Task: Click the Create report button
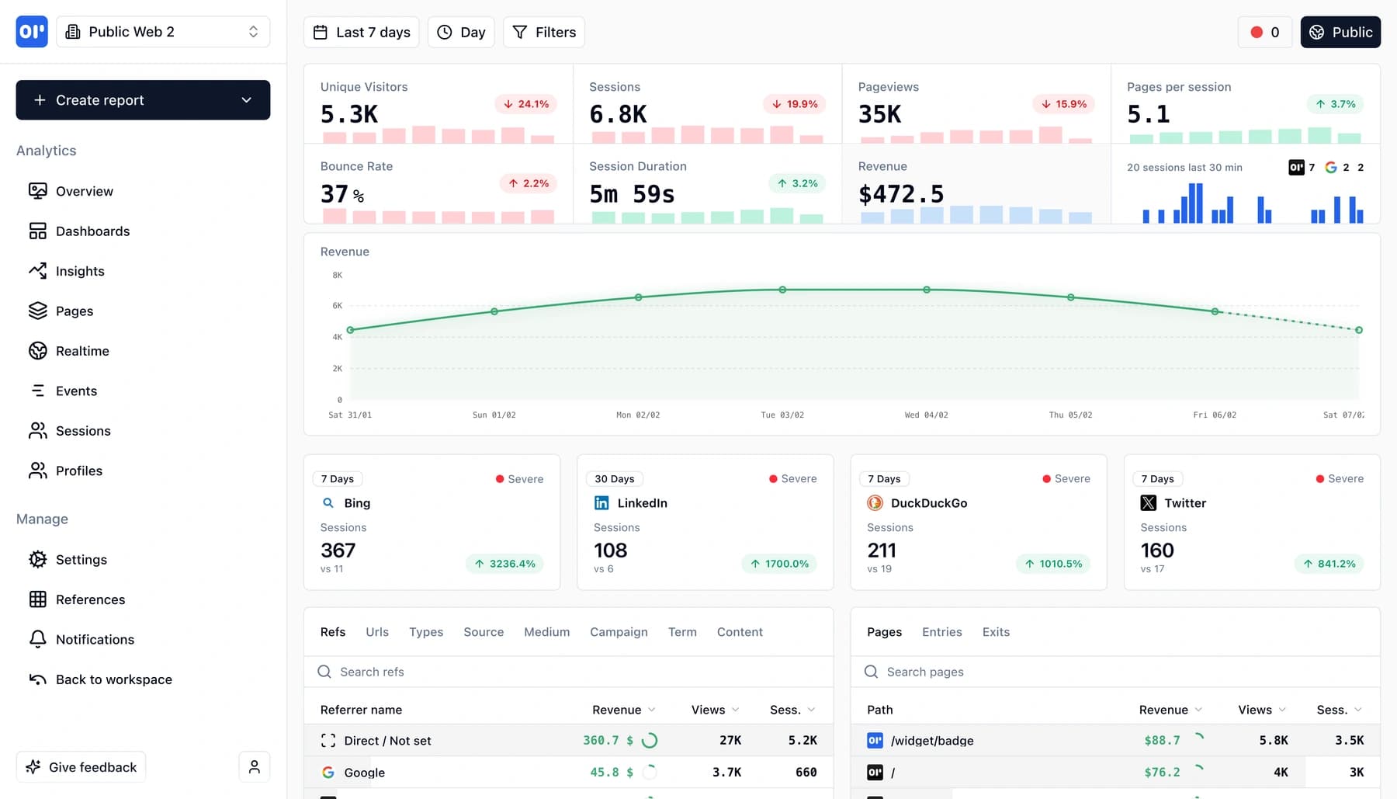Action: pyautogui.click(x=143, y=100)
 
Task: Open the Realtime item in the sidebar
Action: pyautogui.click(x=81, y=351)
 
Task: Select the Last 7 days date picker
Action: pyautogui.click(x=362, y=33)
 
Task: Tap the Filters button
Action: pyautogui.click(x=544, y=33)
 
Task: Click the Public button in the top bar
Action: pyautogui.click(x=1340, y=33)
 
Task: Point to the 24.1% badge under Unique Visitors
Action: pyautogui.click(x=525, y=104)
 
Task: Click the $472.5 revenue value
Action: pyautogui.click(x=900, y=194)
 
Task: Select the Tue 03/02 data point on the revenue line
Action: pyautogui.click(x=782, y=290)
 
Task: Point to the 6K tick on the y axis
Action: pyautogui.click(x=338, y=306)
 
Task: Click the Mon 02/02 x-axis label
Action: pyautogui.click(x=638, y=415)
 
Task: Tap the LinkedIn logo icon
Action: pyautogui.click(x=601, y=503)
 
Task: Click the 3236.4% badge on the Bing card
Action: pyautogui.click(x=504, y=564)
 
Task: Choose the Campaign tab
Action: pyautogui.click(x=619, y=632)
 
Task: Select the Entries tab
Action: pyautogui.click(x=941, y=632)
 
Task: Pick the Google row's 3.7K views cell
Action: pyautogui.click(x=726, y=773)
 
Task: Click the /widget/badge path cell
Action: pyautogui.click(x=931, y=741)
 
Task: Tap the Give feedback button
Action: pyautogui.click(x=81, y=767)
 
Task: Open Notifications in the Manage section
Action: pyautogui.click(x=95, y=640)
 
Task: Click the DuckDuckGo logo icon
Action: pyautogui.click(x=875, y=503)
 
